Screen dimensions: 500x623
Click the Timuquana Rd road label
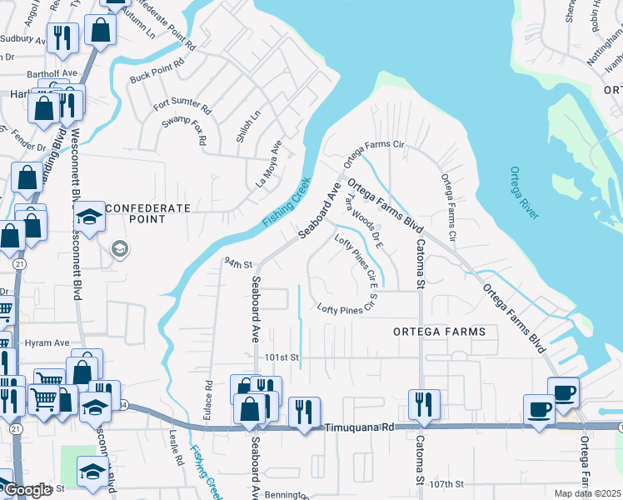[x=357, y=425]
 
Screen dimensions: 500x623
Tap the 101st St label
[x=282, y=357]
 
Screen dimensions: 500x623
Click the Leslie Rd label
[x=176, y=447]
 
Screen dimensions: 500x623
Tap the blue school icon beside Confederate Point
[x=88, y=217]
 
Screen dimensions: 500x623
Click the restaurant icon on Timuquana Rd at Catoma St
[x=422, y=404]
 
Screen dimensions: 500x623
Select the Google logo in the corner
[x=27, y=491]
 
